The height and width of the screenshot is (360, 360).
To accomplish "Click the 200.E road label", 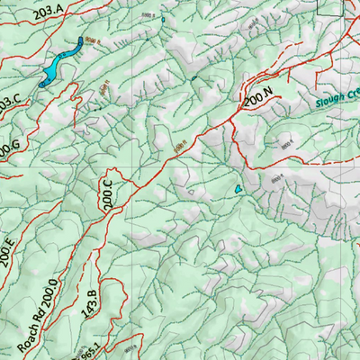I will click(x=6, y=256).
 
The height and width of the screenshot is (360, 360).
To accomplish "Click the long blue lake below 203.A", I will click(x=59, y=61).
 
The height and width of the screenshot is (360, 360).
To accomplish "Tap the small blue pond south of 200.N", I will click(x=238, y=190).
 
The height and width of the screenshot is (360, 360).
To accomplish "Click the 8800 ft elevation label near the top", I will click(x=148, y=15).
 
